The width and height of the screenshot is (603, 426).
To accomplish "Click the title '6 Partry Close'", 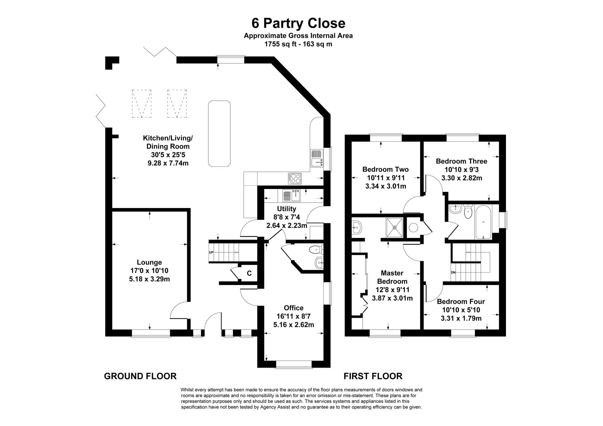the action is [x=298, y=24].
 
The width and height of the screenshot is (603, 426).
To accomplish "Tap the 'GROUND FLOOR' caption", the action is [x=140, y=376].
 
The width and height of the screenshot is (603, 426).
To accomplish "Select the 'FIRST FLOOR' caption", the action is [x=373, y=376].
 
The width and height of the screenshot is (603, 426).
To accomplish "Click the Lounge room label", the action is [x=149, y=262].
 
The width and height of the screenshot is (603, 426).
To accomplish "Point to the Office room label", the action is [x=294, y=308].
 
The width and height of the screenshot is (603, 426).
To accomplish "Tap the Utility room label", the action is [x=286, y=209].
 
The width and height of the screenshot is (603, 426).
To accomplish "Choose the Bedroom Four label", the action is [x=461, y=301].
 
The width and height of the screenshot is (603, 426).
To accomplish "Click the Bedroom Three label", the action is [x=462, y=161].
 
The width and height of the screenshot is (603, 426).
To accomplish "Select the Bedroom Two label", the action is [x=386, y=169].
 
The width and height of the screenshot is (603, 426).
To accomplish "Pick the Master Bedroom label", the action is [x=392, y=277].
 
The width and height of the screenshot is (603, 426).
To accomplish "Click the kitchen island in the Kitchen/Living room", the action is [x=219, y=134].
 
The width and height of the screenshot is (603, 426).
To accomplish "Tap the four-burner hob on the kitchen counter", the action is [x=295, y=178].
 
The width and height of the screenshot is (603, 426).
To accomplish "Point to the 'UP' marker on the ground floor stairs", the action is [x=211, y=252].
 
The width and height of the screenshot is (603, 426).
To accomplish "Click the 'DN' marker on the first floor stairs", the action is [x=453, y=273].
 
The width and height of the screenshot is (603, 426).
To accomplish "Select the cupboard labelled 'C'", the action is [x=249, y=273].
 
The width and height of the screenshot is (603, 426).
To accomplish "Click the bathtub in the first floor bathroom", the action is [x=483, y=222].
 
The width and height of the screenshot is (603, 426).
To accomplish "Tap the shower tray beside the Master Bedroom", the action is [x=394, y=227].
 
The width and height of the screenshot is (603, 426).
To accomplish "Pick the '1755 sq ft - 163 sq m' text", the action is [x=298, y=44].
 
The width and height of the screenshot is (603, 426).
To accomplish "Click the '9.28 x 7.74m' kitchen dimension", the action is [x=168, y=163].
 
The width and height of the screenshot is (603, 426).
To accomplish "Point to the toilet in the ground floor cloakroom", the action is [x=316, y=250].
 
